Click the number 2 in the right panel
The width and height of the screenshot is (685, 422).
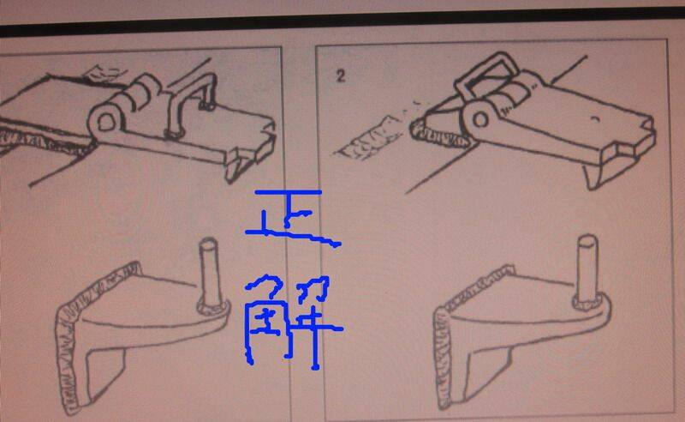[341, 76]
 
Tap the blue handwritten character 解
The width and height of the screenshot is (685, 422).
[293, 322]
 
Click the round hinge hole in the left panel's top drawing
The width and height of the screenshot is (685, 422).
[105, 122]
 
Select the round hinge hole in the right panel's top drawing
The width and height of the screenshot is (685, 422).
[480, 119]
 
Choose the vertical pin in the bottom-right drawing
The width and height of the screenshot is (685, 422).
[587, 267]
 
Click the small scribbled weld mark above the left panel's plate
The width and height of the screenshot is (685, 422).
[104, 72]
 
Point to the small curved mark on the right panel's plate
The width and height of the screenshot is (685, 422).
[594, 118]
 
